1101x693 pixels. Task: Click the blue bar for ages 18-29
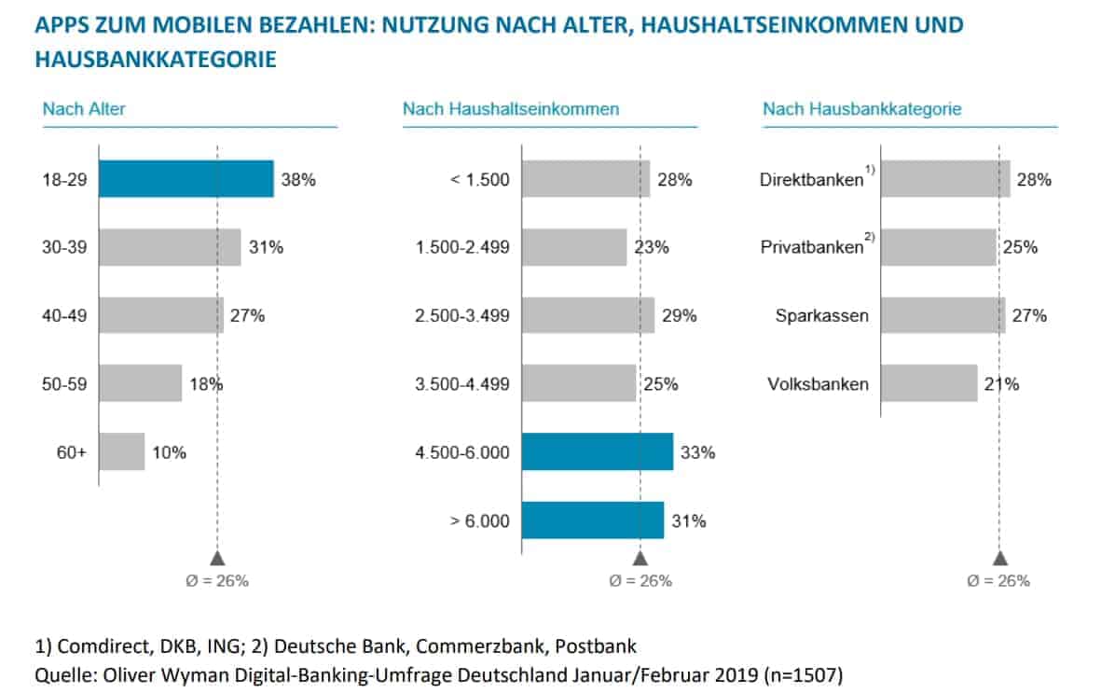186,179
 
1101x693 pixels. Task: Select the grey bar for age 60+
122,451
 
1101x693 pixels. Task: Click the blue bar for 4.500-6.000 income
597,451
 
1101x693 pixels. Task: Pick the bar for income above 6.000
592,520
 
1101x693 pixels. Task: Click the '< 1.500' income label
481,179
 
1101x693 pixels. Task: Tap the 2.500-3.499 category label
463,315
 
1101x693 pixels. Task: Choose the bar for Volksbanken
929,383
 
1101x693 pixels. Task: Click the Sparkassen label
821,315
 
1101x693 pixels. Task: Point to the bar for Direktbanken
944,179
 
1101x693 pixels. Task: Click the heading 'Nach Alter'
84,109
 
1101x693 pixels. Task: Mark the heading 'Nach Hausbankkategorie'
861,109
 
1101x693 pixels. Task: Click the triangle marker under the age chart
217,558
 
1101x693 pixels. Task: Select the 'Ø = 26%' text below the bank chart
999,580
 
